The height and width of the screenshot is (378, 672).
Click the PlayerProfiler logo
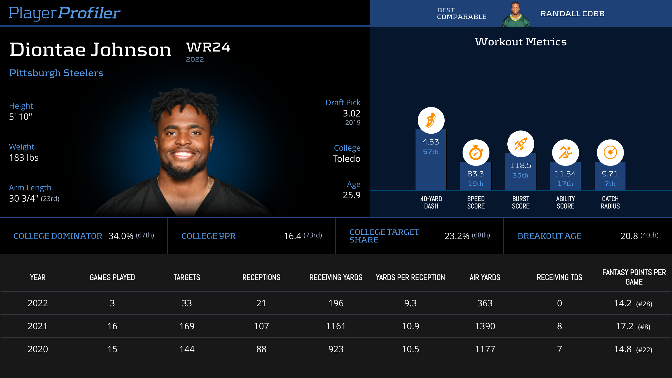64,13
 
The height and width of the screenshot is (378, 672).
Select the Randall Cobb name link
572,14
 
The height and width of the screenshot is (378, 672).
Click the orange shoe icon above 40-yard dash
431,120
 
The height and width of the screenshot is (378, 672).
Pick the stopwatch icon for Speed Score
476,153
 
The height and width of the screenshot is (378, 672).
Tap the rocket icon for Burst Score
521,144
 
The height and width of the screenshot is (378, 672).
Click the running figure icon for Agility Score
565,153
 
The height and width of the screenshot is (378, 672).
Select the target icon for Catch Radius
610,153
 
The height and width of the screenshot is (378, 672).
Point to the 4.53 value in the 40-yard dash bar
431,142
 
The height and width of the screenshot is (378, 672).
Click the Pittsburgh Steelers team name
56,73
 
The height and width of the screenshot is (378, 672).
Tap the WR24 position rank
208,47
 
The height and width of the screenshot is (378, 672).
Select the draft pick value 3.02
351,113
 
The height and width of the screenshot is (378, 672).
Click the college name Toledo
346,159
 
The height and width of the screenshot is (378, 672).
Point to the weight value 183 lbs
24,158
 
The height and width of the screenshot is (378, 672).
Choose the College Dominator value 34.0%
121,236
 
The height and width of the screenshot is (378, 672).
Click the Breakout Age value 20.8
629,236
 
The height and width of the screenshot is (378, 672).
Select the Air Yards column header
485,277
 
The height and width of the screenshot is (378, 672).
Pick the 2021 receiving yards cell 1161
336,326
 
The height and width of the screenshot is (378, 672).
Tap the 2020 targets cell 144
187,349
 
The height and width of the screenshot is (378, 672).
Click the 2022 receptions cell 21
261,303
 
